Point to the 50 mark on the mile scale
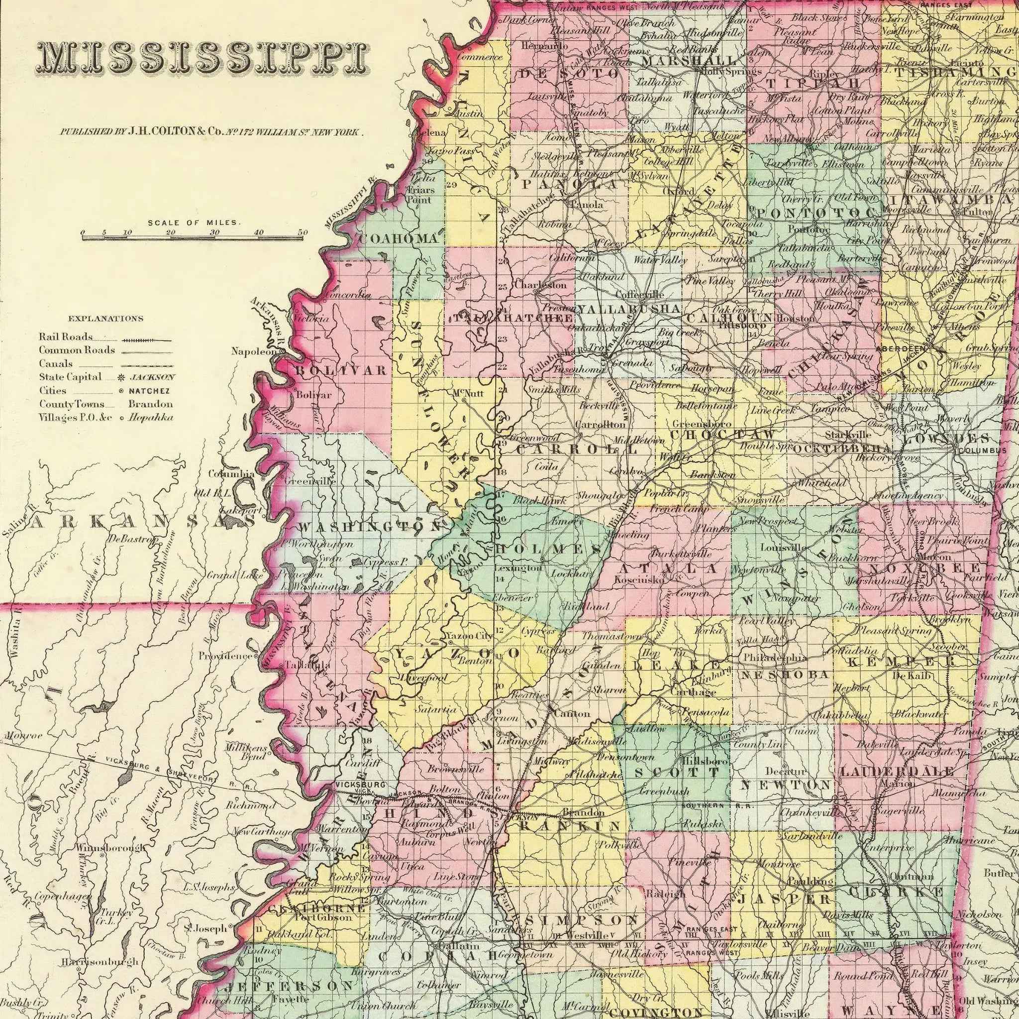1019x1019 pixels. (x=302, y=232)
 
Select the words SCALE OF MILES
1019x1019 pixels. (x=194, y=223)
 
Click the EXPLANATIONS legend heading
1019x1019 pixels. (x=105, y=319)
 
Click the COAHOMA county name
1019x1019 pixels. (x=398, y=238)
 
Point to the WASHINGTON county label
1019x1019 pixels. (x=369, y=527)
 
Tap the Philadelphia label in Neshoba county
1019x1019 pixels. (x=775, y=658)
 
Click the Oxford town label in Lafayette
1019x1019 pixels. (x=678, y=192)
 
